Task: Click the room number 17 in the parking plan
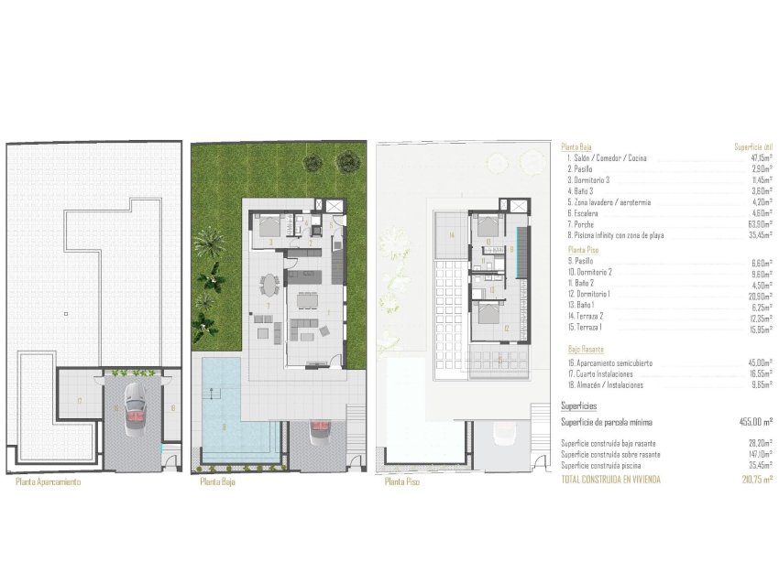[80, 401]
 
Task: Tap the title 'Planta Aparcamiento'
[49, 482]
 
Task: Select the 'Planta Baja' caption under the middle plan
[216, 482]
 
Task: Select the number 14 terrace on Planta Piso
[452, 235]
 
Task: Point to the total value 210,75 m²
[757, 478]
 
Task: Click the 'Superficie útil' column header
[754, 146]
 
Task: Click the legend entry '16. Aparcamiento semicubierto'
[610, 362]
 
